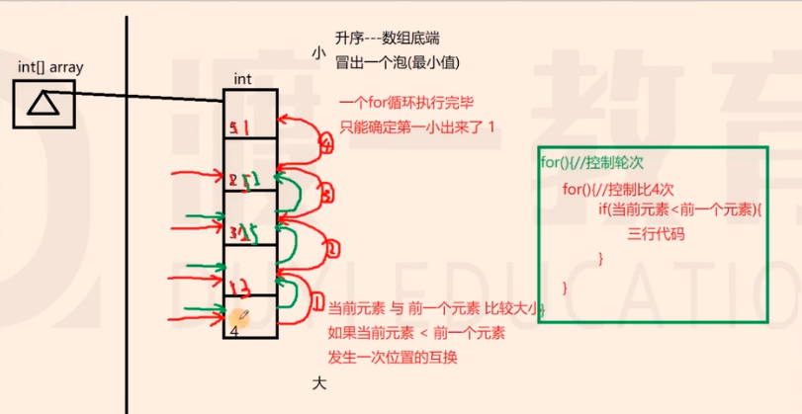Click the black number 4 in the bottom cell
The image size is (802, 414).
[235, 332]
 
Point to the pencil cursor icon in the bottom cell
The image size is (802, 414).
[239, 315]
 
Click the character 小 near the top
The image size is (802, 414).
[316, 55]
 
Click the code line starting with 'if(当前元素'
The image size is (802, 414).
[682, 210]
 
